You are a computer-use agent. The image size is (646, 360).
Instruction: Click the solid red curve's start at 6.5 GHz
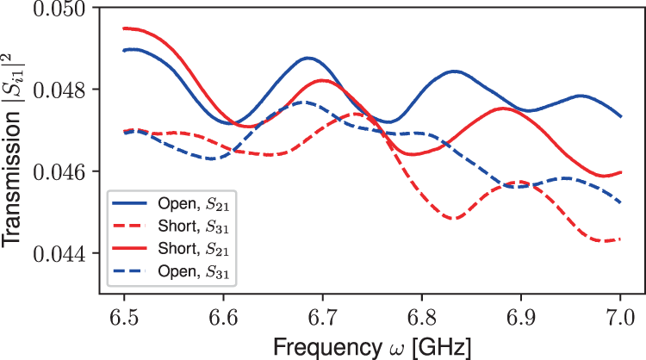124,28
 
